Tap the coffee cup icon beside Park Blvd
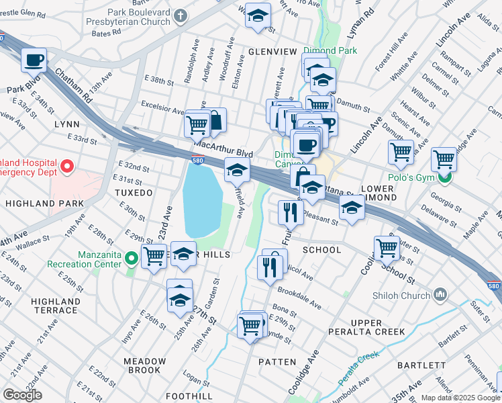[x=34, y=61]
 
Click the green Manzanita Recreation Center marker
[x=132, y=256]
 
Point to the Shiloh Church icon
[x=441, y=294]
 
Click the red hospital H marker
[x=66, y=165]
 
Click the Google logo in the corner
[x=22, y=395]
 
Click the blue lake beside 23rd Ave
[x=202, y=199]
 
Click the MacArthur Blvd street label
[x=223, y=148]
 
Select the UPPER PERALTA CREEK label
[x=366, y=326]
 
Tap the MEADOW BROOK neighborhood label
[x=142, y=365]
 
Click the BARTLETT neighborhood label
[x=421, y=365]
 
